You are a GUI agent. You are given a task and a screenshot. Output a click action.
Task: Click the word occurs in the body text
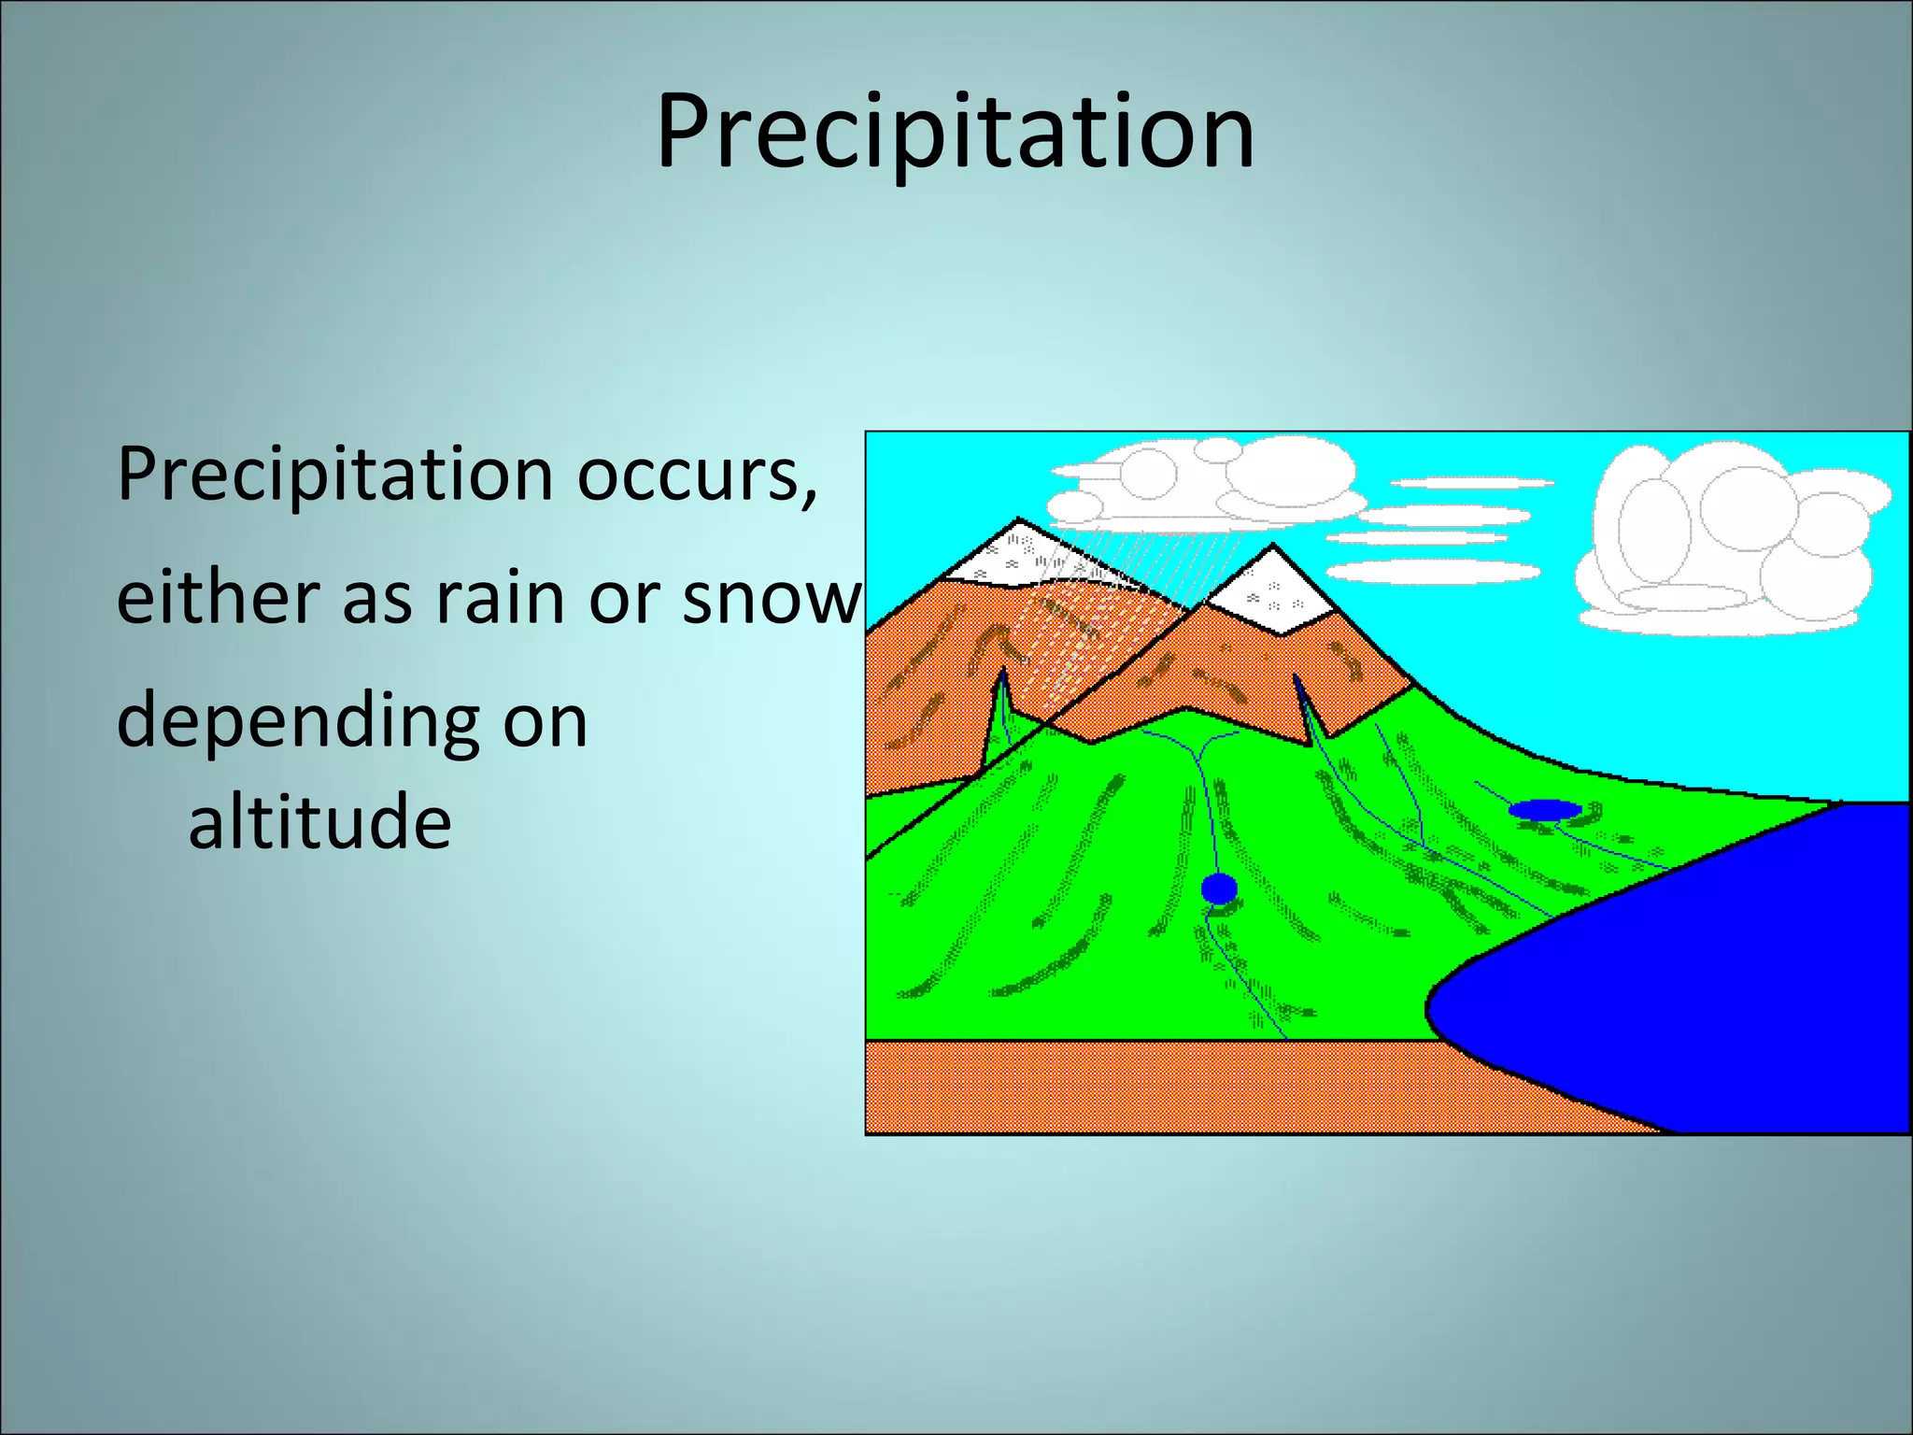[x=696, y=475]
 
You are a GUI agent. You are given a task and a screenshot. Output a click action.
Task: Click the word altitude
[x=319, y=822]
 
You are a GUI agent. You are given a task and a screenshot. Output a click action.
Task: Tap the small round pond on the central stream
[x=1219, y=888]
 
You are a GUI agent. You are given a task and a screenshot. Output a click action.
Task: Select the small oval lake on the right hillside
[x=1545, y=809]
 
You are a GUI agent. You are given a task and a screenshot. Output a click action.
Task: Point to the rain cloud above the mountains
[x=1205, y=486]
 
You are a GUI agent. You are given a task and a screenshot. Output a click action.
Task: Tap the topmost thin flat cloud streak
[x=1471, y=483]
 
